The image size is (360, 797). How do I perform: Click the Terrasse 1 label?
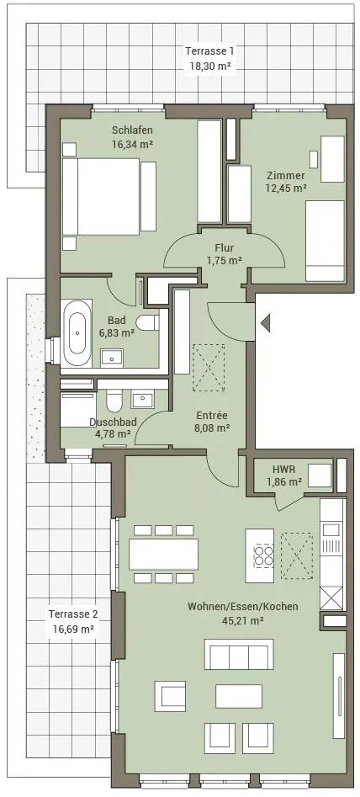click(x=209, y=50)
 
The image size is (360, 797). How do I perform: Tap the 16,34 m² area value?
click(x=133, y=144)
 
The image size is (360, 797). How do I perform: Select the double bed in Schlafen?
click(x=101, y=196)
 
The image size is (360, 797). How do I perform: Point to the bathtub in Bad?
click(x=77, y=332)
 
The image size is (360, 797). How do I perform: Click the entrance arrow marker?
click(x=265, y=322)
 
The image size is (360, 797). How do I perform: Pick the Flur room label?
click(x=224, y=248)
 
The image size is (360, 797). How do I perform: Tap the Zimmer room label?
click(x=286, y=175)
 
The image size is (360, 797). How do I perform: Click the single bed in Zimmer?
click(x=325, y=241)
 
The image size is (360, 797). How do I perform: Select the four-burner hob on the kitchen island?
click(x=264, y=555)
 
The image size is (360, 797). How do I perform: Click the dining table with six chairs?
click(x=163, y=554)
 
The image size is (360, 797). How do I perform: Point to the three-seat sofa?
click(x=239, y=654)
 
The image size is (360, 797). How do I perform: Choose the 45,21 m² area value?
click(x=243, y=619)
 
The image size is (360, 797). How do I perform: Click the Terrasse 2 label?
click(x=73, y=614)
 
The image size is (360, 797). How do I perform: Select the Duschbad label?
click(x=110, y=422)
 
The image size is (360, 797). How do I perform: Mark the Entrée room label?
click(x=212, y=415)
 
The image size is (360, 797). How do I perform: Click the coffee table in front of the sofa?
click(x=239, y=696)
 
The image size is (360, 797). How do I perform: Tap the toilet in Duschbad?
click(x=114, y=400)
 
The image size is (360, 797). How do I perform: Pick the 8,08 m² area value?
click(x=213, y=428)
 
